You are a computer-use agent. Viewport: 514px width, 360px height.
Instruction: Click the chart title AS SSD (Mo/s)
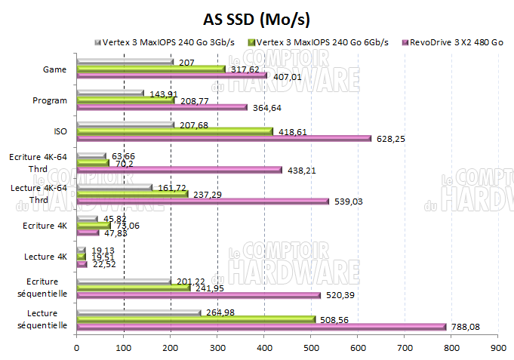(257, 18)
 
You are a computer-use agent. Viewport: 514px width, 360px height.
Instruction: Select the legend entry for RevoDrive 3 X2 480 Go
(456, 42)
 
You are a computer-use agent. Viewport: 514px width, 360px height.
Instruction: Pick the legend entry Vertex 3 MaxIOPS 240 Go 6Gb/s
(322, 42)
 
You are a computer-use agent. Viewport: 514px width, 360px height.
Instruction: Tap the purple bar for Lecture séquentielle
(261, 327)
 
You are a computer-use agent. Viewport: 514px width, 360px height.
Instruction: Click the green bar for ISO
(174, 131)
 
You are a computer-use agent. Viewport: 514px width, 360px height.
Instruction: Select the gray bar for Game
(125, 62)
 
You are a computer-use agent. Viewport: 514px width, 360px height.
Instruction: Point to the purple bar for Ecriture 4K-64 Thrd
(179, 170)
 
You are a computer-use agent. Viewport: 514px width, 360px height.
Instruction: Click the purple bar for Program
(162, 107)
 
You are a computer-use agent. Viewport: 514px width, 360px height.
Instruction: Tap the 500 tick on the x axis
(311, 348)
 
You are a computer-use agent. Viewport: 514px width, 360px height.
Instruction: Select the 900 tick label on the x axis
(498, 348)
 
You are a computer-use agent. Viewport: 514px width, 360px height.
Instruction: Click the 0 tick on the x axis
(77, 348)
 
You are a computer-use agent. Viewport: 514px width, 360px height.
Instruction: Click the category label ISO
(60, 131)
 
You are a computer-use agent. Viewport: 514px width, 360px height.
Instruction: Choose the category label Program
(51, 100)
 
